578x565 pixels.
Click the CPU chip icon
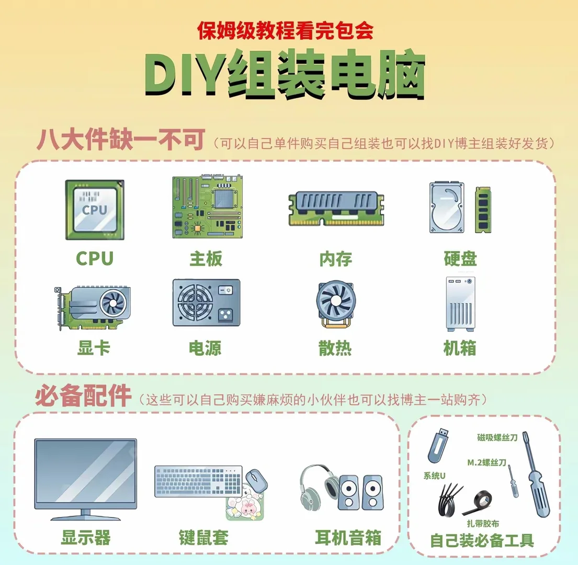click(94, 210)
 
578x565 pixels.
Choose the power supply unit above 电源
click(206, 303)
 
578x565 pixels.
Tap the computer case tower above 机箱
click(460, 304)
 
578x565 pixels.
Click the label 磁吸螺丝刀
click(497, 437)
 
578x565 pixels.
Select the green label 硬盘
click(460, 258)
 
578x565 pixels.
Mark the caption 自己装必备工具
click(482, 540)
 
